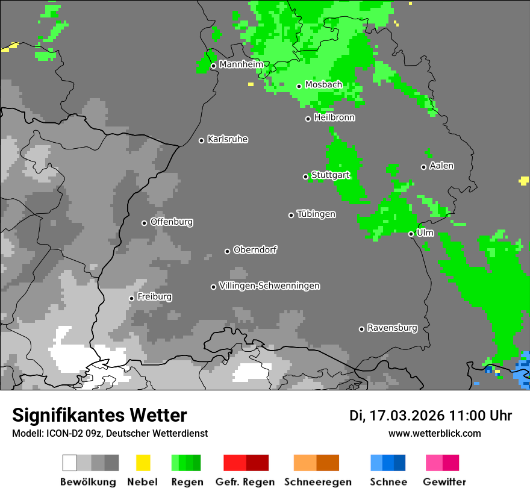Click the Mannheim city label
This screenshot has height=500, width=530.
[241, 64]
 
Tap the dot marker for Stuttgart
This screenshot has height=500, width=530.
[305, 177]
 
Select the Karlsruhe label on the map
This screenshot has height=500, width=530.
[228, 139]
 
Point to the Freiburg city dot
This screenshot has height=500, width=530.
[131, 298]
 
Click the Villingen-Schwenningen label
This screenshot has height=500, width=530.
[269, 286]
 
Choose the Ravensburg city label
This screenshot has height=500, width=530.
[392, 328]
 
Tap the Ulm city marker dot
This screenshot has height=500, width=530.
[411, 234]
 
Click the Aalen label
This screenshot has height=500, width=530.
[441, 166]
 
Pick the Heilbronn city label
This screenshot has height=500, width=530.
[334, 117]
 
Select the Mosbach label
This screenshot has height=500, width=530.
[323, 85]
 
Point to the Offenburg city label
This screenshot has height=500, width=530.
[172, 222]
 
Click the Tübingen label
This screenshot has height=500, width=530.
[316, 214]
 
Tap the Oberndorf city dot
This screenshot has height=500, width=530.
[227, 251]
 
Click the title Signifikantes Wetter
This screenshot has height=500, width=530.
[99, 415]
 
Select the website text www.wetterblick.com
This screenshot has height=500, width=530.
[435, 433]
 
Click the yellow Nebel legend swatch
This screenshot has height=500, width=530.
[143, 463]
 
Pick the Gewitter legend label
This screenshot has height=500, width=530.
[444, 482]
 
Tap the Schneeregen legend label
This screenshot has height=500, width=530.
[318, 482]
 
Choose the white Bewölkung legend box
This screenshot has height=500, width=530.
[70, 463]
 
